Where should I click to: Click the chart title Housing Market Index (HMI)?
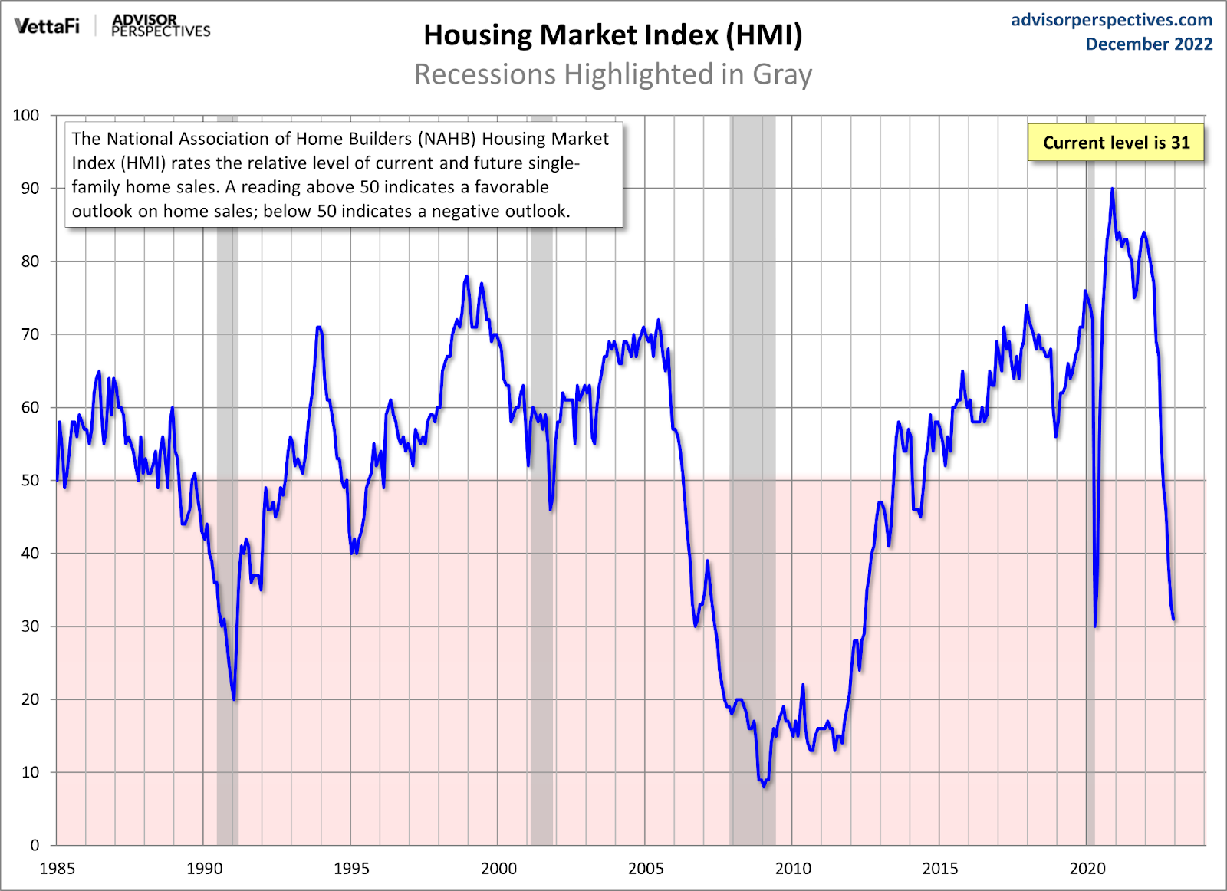click(x=613, y=35)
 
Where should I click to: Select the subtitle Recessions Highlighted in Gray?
click(x=613, y=74)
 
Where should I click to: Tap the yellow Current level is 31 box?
click(x=1116, y=143)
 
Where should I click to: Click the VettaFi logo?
click(x=47, y=26)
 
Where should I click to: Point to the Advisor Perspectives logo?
click(x=160, y=25)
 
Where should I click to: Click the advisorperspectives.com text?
click(x=1111, y=20)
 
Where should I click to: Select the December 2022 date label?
click(x=1149, y=44)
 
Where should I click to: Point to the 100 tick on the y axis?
click(x=26, y=115)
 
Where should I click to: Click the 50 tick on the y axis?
click(x=30, y=480)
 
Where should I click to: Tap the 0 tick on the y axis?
click(x=35, y=845)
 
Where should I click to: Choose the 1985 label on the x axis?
click(x=57, y=869)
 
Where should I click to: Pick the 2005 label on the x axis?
click(x=646, y=869)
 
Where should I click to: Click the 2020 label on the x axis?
click(x=1087, y=869)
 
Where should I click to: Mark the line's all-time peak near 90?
click(x=1112, y=189)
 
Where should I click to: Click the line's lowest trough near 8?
click(x=764, y=786)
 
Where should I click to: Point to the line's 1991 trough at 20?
click(x=234, y=699)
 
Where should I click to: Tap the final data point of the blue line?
click(x=1173, y=619)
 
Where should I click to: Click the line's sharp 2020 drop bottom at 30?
click(x=1095, y=626)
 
